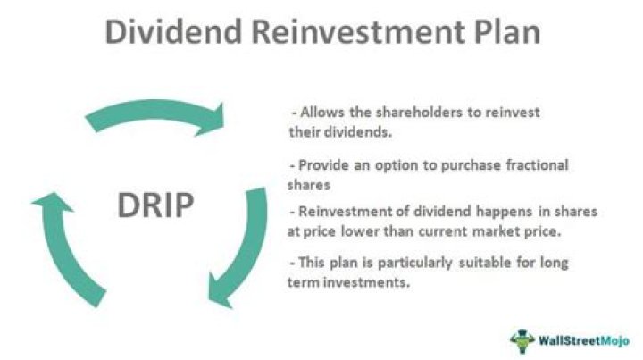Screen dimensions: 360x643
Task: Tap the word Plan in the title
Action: (499, 33)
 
